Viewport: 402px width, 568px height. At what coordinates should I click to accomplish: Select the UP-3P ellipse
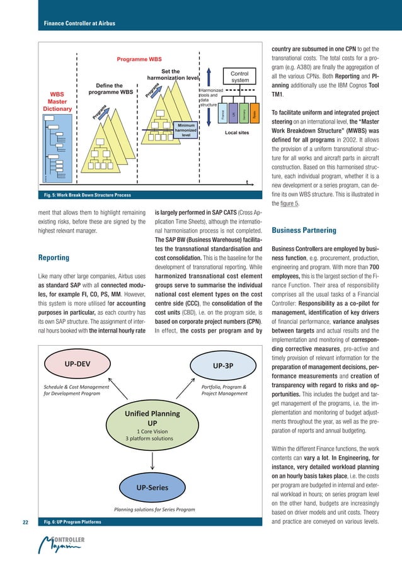pos(224,365)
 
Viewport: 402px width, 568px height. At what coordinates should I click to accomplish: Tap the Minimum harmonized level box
pos(186,130)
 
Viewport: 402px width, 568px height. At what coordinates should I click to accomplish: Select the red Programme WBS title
pos(139,59)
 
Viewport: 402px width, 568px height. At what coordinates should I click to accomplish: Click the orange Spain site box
pos(255,114)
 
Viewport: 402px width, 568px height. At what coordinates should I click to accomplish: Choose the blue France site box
pos(222,114)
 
